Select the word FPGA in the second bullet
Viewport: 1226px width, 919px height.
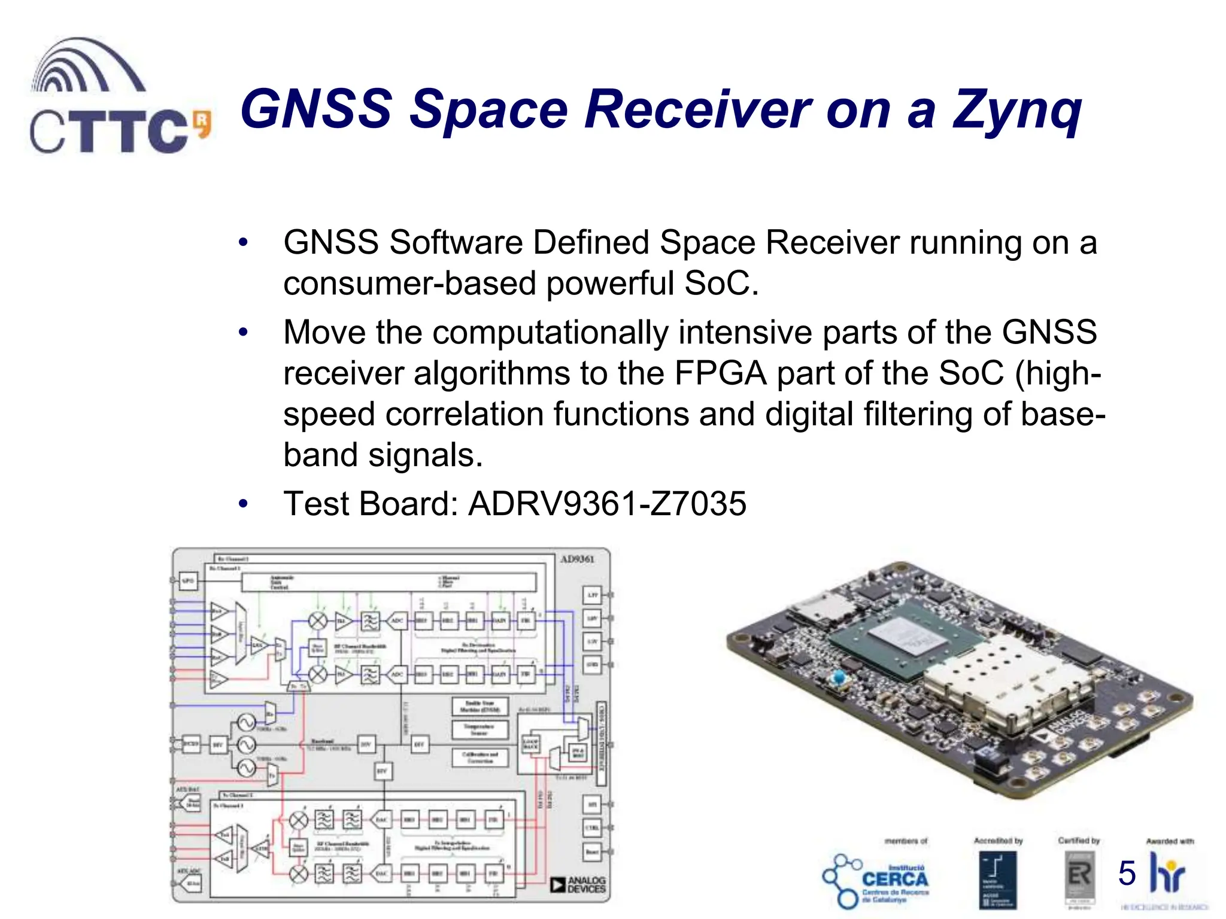[720, 373]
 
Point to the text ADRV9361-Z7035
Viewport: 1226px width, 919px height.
[607, 504]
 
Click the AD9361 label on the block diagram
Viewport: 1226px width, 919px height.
[577, 559]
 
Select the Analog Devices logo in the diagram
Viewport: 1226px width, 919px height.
[578, 885]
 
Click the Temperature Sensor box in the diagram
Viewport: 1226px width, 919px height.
[480, 729]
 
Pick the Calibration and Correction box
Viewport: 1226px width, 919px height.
[480, 757]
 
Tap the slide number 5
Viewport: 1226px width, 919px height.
[1127, 873]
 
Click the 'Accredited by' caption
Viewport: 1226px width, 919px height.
[998, 841]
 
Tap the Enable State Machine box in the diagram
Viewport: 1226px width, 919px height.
[480, 706]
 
